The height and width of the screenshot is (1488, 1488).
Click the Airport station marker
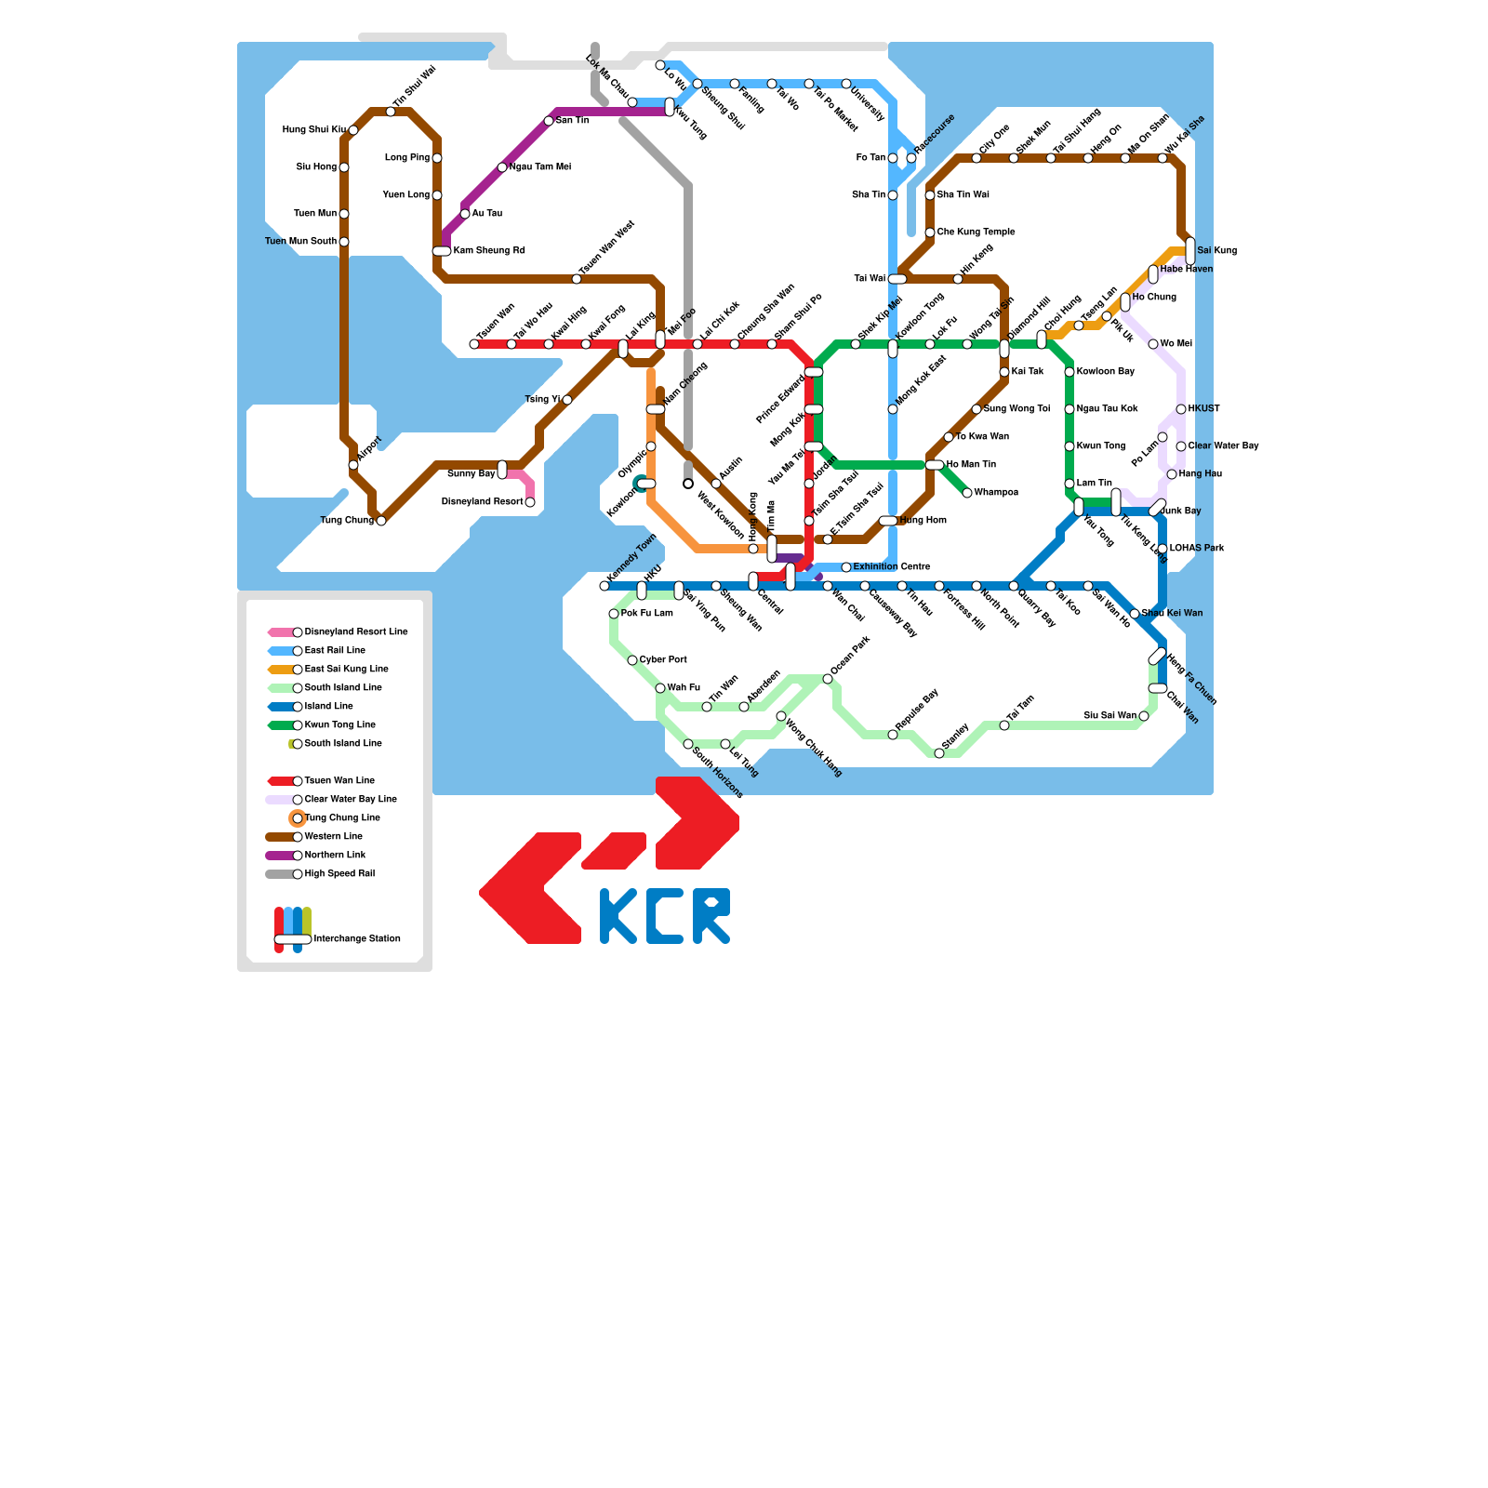point(353,465)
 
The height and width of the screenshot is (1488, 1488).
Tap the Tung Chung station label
point(347,521)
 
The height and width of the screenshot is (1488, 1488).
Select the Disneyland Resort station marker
point(530,502)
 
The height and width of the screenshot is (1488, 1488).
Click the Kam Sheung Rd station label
point(489,251)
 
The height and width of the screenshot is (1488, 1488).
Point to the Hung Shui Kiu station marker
point(353,130)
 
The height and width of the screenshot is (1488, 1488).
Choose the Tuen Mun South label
point(300,242)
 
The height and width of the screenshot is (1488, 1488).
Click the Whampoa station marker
point(967,493)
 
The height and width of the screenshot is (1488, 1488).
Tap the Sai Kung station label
point(1216,251)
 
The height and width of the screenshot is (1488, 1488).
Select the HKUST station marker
point(1181,409)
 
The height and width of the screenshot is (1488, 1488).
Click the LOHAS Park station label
point(1197,549)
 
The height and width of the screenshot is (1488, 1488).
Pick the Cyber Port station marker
point(632,660)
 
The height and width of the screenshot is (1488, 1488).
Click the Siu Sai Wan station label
point(1109,716)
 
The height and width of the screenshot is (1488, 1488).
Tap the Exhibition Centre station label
point(891,567)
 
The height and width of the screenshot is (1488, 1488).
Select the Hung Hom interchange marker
point(888,521)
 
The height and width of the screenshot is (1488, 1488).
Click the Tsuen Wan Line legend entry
point(339,781)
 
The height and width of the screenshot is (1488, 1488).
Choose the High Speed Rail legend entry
point(339,874)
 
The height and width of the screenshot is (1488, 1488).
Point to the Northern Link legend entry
point(335,856)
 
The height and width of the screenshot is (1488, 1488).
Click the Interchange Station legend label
point(357,939)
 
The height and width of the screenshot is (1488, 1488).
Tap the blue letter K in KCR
point(618,916)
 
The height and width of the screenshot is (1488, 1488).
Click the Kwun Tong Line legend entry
point(339,725)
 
